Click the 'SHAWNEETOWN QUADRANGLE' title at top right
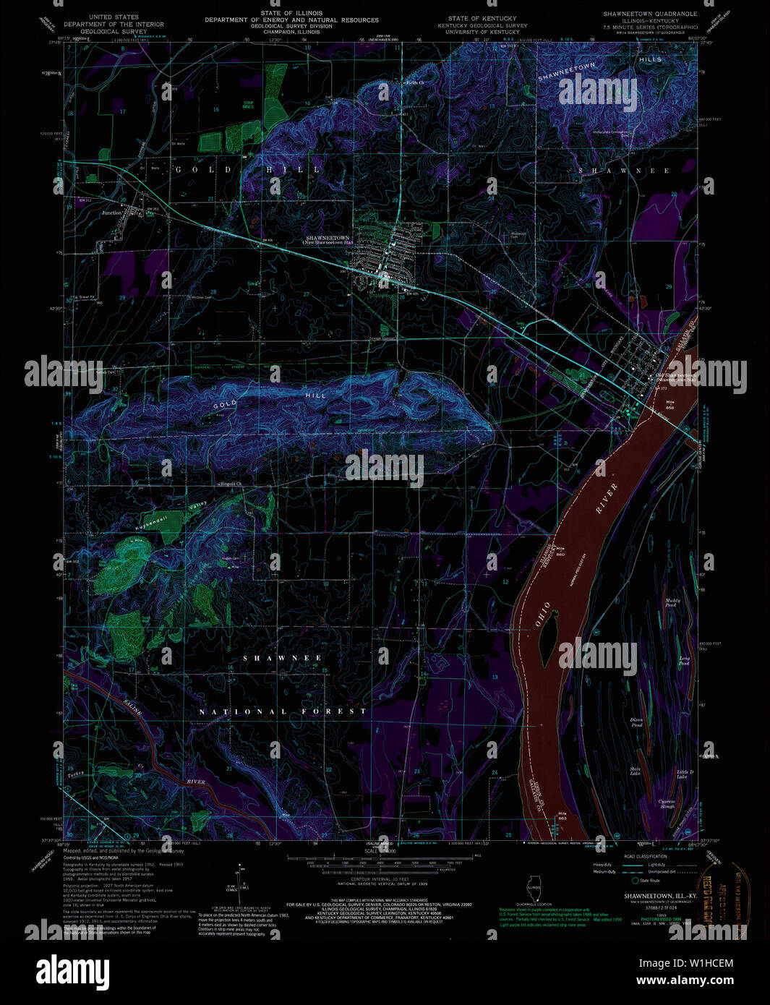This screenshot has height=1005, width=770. pyautogui.click(x=651, y=14)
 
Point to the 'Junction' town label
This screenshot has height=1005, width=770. pyautogui.click(x=112, y=213)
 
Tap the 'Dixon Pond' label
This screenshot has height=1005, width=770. pyautogui.click(x=636, y=722)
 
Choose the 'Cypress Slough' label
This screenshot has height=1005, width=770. pyautogui.click(x=667, y=803)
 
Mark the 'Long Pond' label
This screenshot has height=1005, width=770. pyautogui.click(x=684, y=659)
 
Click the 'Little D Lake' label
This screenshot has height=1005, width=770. pyautogui.click(x=685, y=774)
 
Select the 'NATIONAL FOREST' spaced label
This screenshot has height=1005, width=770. pyautogui.click(x=283, y=711)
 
